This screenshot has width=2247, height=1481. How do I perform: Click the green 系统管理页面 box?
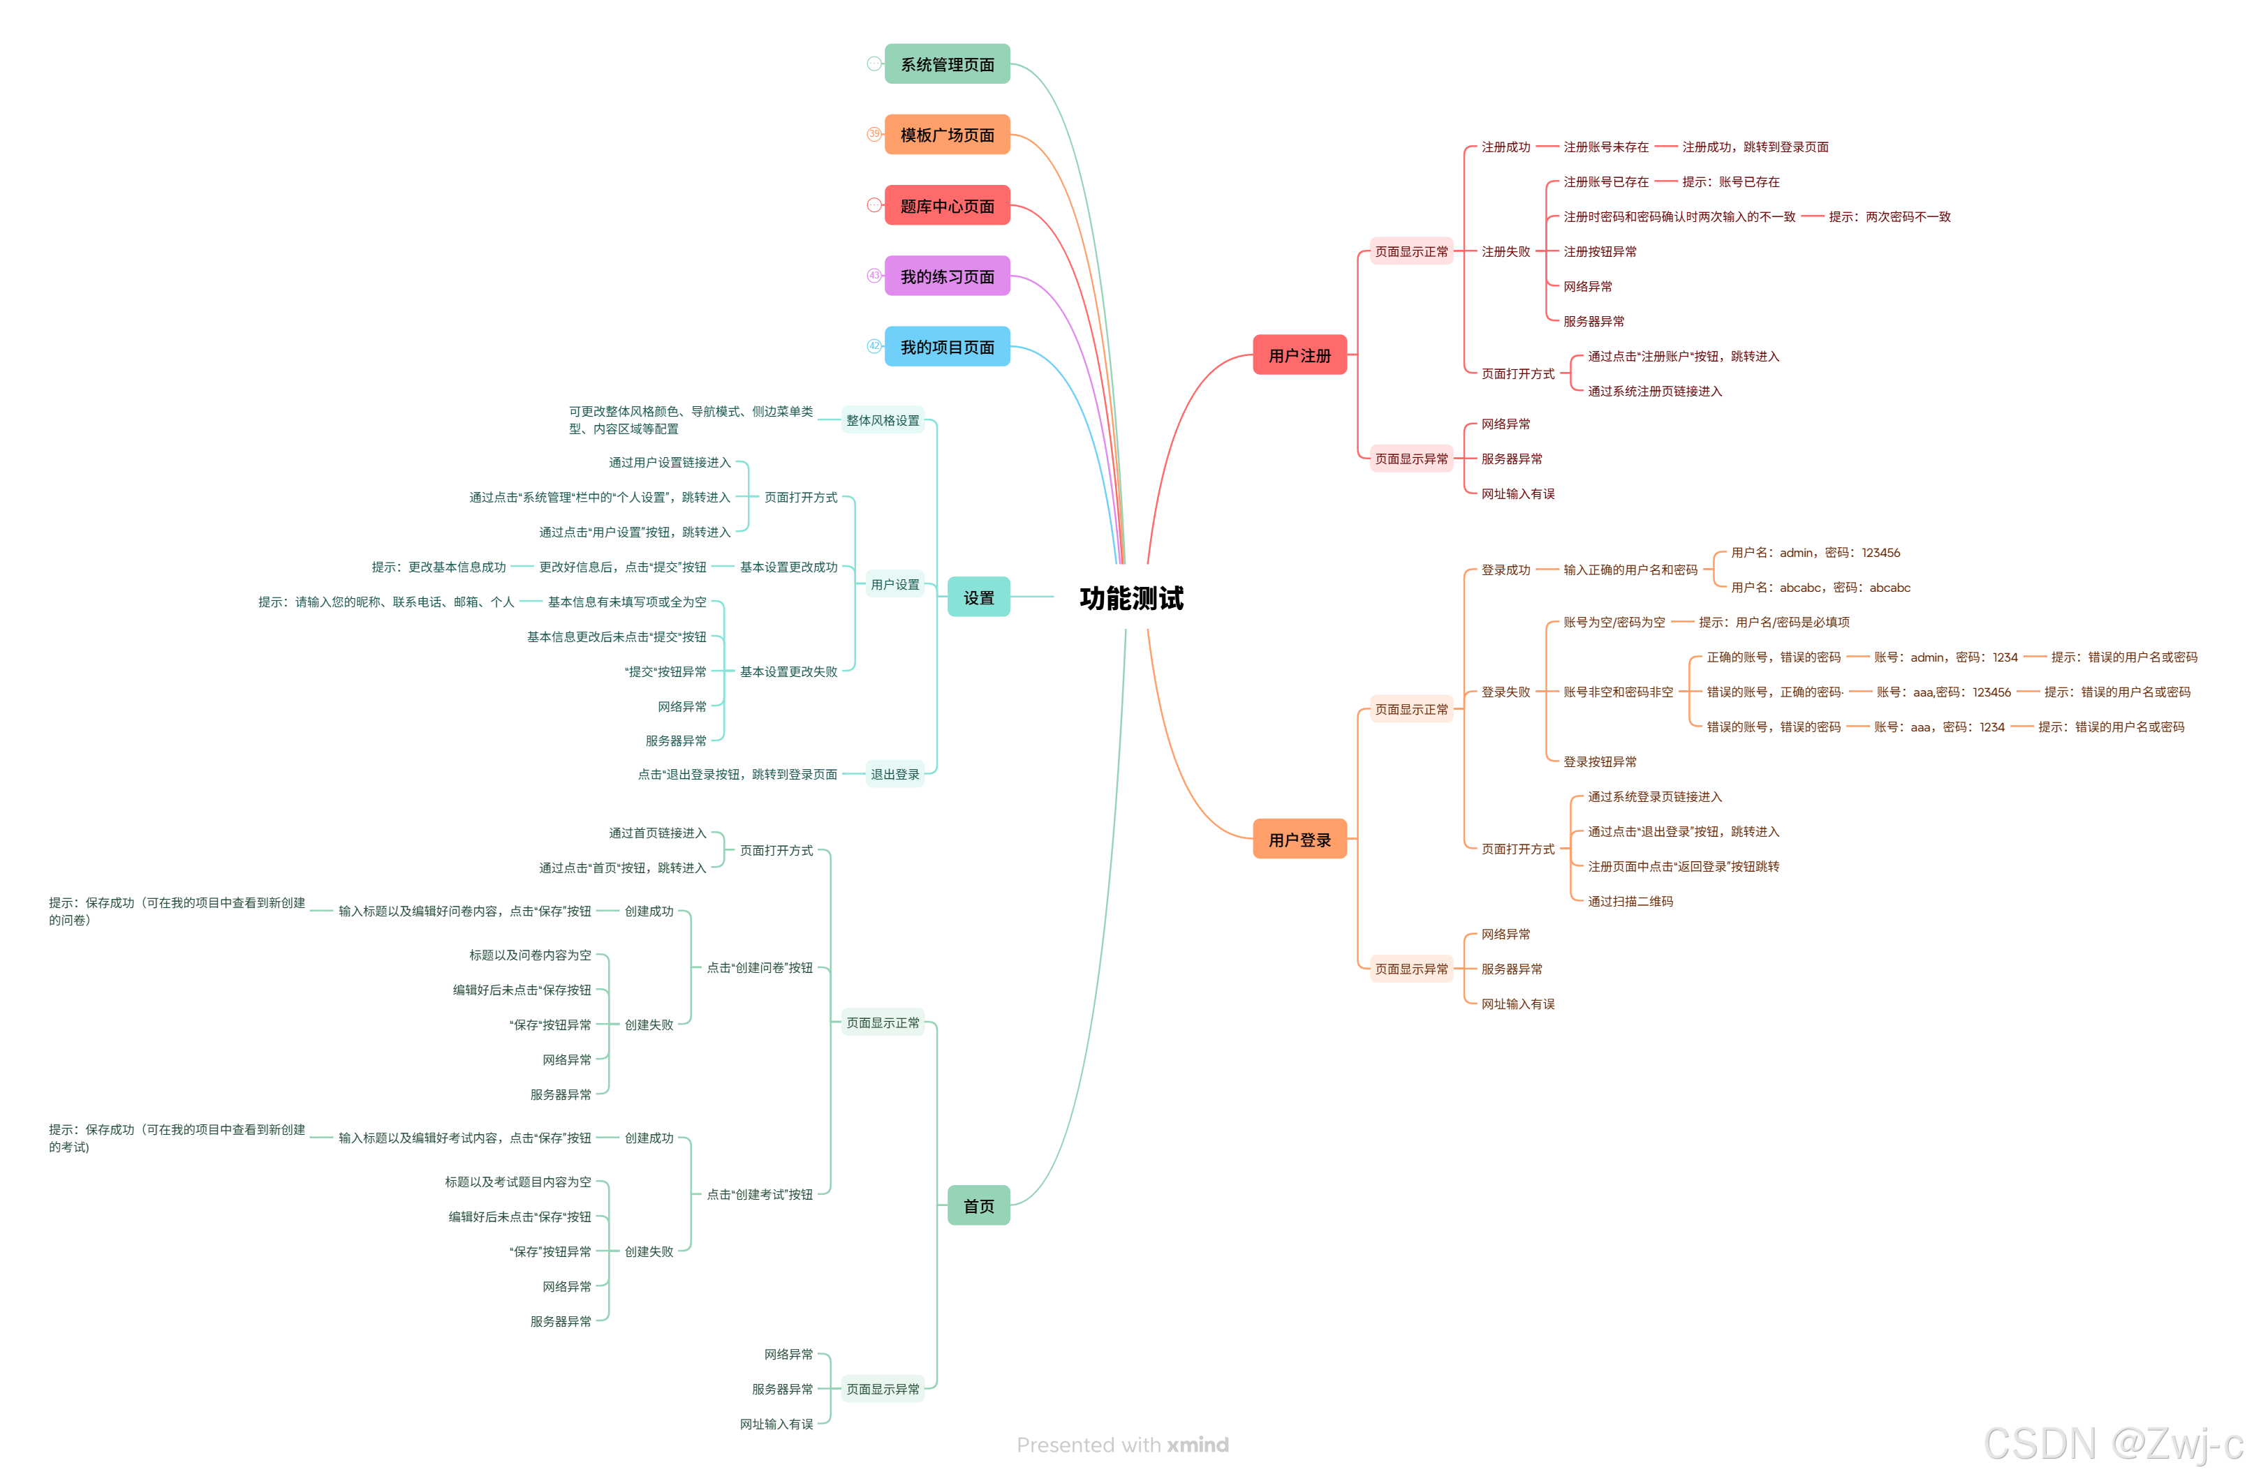coord(946,64)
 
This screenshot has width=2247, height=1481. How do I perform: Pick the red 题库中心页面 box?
coord(946,206)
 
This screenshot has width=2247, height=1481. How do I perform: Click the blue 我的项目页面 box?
coord(946,347)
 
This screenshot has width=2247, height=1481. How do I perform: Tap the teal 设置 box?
coord(978,597)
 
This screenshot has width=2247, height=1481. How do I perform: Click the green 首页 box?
coord(978,1205)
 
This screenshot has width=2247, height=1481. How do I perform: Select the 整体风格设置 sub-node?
coord(882,420)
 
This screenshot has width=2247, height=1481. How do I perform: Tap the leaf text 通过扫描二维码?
coord(1629,901)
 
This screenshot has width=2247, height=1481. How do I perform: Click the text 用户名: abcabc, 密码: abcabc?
coord(1819,588)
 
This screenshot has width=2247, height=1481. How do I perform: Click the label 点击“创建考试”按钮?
coord(759,1194)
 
